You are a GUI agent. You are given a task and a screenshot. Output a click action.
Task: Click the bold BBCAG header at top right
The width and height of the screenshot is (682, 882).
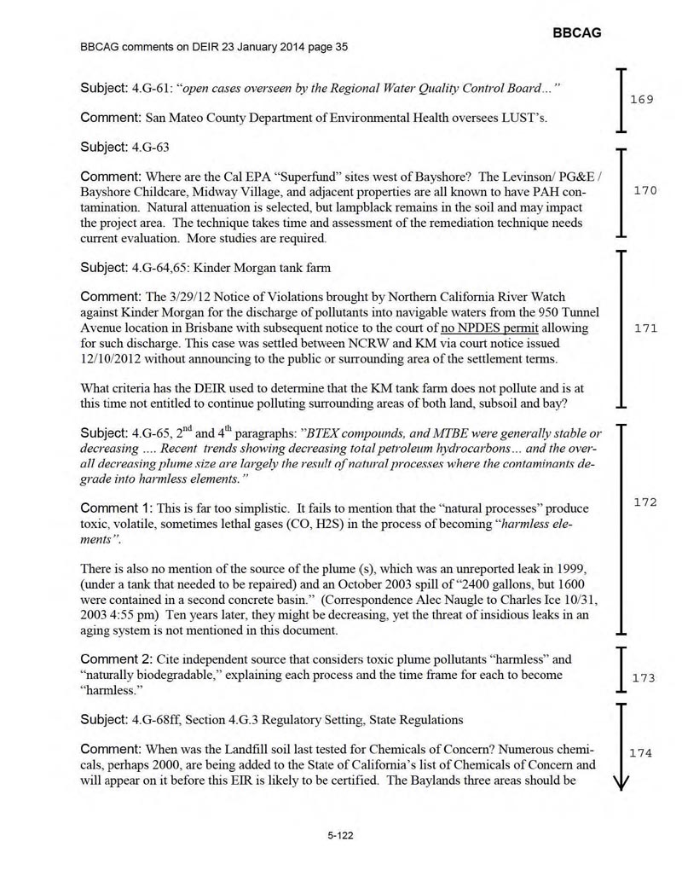pyautogui.click(x=577, y=32)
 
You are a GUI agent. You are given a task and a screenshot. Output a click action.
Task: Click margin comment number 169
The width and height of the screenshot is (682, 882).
pyautogui.click(x=642, y=100)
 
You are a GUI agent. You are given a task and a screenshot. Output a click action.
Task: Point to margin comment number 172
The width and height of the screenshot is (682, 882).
pyautogui.click(x=645, y=502)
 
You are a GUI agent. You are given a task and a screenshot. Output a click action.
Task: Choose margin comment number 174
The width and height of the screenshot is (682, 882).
pyautogui.click(x=640, y=753)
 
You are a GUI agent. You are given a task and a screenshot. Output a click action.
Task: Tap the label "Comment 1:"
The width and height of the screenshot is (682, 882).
pyautogui.click(x=114, y=508)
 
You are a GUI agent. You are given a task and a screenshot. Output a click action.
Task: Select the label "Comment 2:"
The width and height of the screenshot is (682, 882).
pyautogui.click(x=114, y=659)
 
